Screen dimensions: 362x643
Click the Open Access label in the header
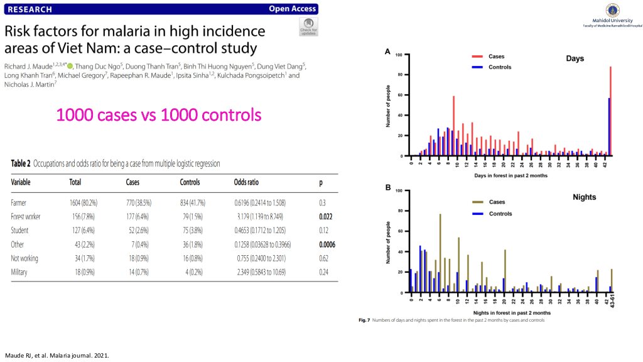(292, 9)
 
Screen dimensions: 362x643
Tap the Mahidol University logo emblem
(612, 10)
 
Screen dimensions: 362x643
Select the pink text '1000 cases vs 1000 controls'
(158, 115)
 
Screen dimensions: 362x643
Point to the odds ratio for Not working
(259, 258)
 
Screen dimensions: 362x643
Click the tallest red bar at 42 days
(610, 111)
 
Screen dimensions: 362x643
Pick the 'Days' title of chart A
(575, 59)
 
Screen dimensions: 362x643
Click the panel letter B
(388, 188)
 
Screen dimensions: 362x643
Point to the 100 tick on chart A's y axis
(397, 55)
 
